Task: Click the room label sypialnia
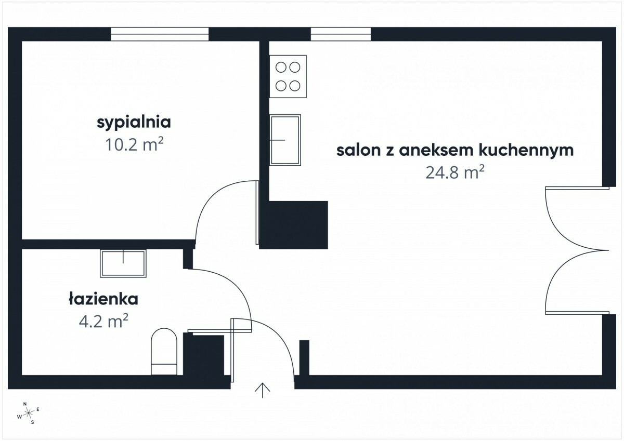[134, 123]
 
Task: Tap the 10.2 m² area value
[134, 144]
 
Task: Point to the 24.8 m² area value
[455, 171]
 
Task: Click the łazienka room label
[103, 299]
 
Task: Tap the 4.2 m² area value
[103, 321]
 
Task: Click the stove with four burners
[288, 76]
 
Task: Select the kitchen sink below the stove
[285, 140]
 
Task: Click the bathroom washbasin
[123, 263]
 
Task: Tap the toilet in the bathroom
[164, 351]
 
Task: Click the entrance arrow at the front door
[263, 391]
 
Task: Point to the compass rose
[29, 413]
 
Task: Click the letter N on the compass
[25, 404]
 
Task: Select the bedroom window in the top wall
[160, 34]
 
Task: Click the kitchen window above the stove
[341, 34]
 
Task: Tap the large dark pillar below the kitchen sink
[294, 225]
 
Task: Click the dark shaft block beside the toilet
[204, 354]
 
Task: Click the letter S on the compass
[33, 422]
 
